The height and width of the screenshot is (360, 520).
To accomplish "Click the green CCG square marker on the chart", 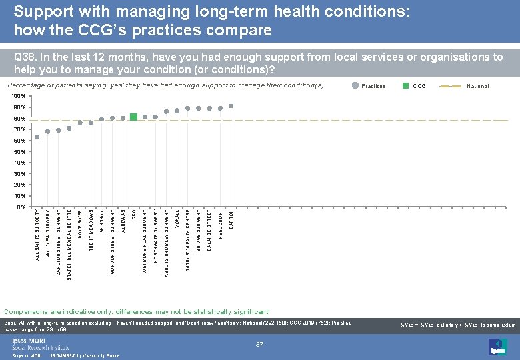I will (x=134, y=117).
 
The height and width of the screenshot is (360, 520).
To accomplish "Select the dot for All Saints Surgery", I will (x=37, y=137).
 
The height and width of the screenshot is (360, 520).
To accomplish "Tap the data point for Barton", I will (x=231, y=105).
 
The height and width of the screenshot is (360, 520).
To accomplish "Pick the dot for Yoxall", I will (x=177, y=110).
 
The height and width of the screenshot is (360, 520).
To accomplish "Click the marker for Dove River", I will (x=80, y=122).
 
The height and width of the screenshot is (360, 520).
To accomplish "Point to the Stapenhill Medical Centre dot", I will (x=69, y=128).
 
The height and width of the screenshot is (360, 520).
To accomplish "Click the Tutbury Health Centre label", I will (x=188, y=240).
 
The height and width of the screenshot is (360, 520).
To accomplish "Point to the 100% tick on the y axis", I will (x=19, y=97).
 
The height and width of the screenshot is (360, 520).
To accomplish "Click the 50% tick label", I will (x=20, y=152).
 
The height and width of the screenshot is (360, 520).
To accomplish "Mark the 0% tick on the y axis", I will (x=21, y=207).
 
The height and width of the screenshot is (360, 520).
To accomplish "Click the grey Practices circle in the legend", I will (x=355, y=85).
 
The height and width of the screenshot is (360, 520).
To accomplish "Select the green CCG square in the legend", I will (x=405, y=85).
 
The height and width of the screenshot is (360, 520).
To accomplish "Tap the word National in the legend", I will (x=477, y=86).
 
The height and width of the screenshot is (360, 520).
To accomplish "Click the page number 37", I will (x=260, y=344).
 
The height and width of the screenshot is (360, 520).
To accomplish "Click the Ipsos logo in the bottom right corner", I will (x=497, y=346).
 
